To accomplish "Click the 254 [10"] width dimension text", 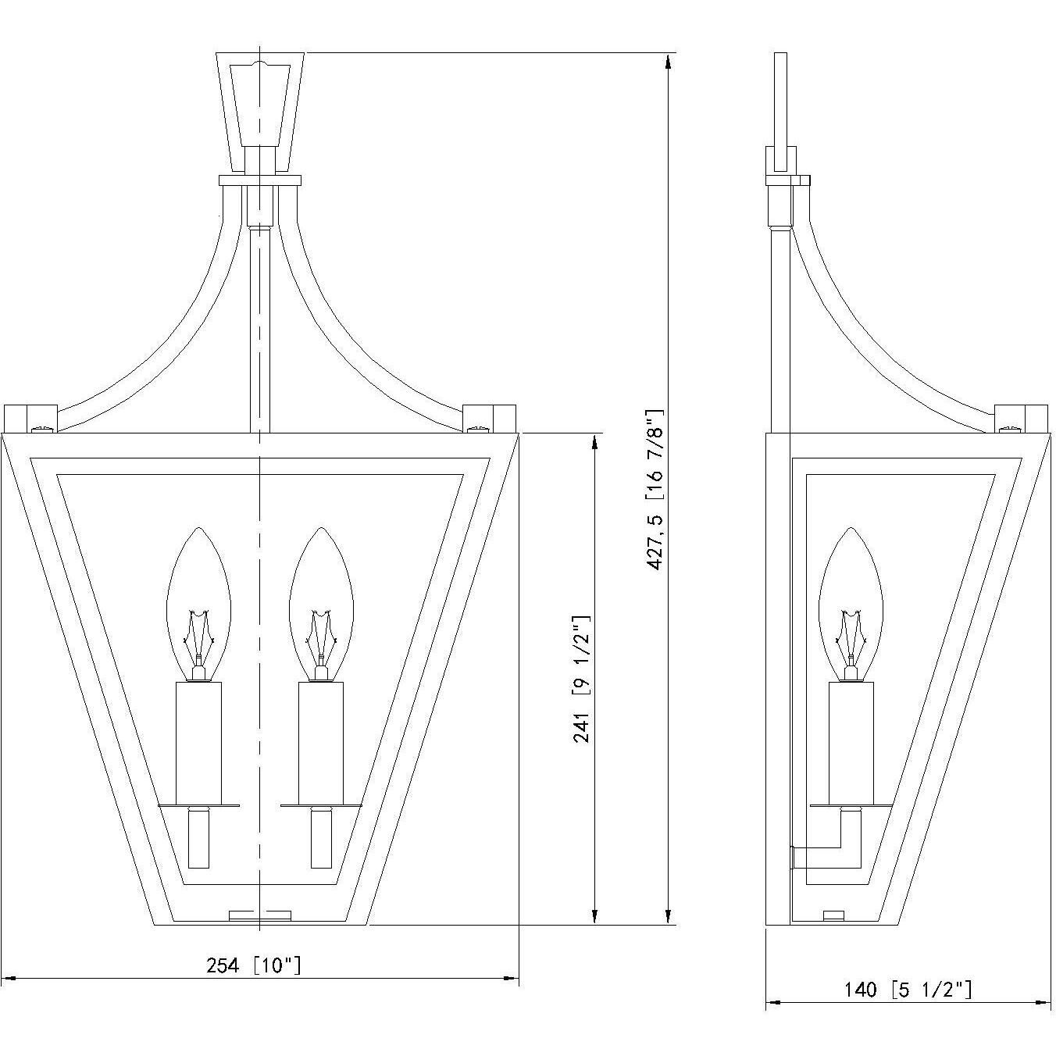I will click(253, 965).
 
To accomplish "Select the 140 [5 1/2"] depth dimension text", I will click(908, 990).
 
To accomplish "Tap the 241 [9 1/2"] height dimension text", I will click(582, 678).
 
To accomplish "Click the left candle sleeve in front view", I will click(199, 742).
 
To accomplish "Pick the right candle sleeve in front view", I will click(321, 742).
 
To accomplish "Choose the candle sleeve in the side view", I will click(851, 742).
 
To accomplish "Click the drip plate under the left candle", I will click(199, 805).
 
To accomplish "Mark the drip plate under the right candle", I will click(321, 805).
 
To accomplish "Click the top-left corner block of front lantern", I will click(30, 418).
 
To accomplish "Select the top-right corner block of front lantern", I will click(490, 418).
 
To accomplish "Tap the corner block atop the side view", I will click(1020, 418).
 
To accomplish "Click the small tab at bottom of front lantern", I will click(259, 915).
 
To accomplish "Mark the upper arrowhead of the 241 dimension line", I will click(595, 442).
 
